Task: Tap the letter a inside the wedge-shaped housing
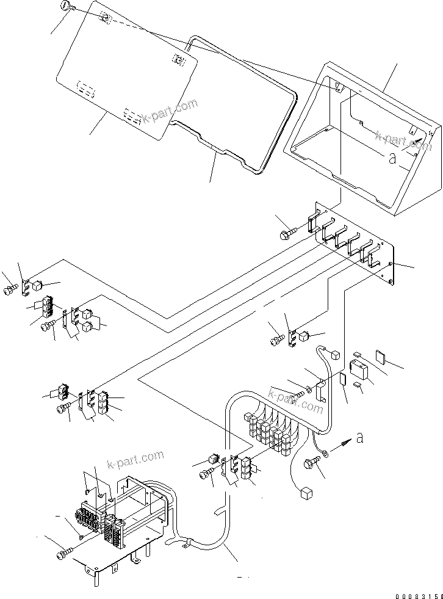pyautogui.click(x=392, y=160)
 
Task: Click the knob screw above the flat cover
pyautogui.click(x=65, y=7)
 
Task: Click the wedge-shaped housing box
pyautogui.click(x=366, y=147)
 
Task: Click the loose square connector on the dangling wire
pyautogui.click(x=307, y=493)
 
